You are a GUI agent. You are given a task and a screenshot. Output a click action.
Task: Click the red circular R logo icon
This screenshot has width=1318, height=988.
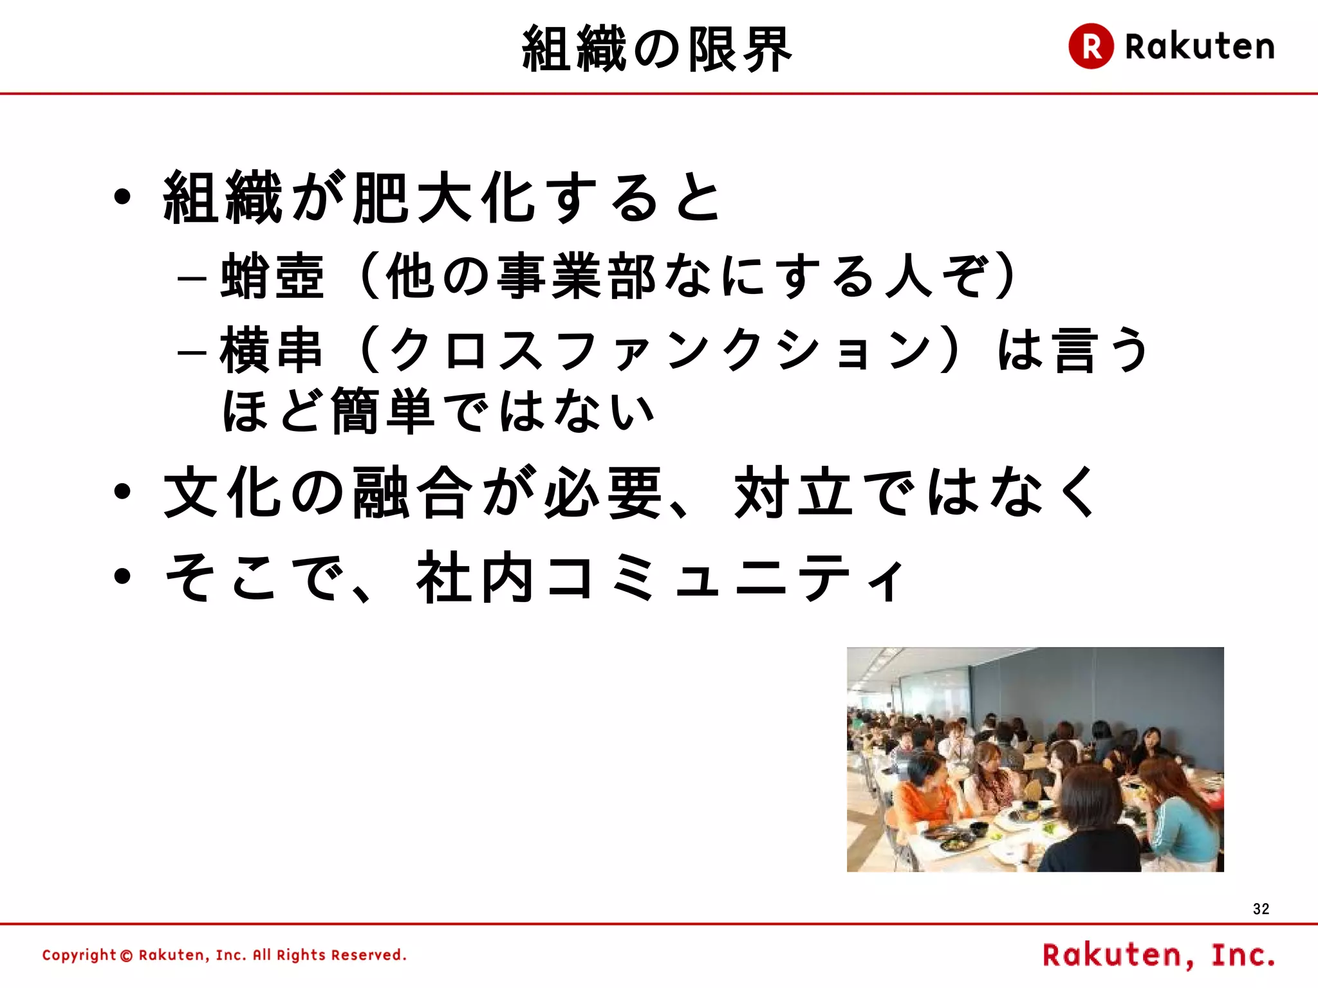[x=1091, y=46]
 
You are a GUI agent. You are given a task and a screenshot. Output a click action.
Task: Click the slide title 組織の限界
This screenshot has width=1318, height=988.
[x=656, y=49]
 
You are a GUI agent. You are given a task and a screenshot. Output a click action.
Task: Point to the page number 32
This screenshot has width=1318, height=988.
[x=1261, y=909]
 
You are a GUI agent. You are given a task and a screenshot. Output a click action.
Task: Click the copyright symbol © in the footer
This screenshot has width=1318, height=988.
[x=127, y=956]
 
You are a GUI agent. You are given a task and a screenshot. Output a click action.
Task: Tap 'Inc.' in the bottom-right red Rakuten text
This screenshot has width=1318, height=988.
[x=1243, y=955]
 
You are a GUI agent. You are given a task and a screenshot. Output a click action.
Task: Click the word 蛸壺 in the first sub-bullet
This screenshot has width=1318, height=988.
[x=272, y=277]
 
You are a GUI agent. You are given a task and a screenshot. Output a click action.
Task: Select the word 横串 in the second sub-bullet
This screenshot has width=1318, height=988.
[x=271, y=351]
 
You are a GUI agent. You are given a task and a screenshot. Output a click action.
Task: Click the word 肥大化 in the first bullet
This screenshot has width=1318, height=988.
[x=444, y=197]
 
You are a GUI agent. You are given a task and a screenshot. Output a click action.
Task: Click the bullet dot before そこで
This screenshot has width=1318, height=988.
[x=122, y=576]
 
